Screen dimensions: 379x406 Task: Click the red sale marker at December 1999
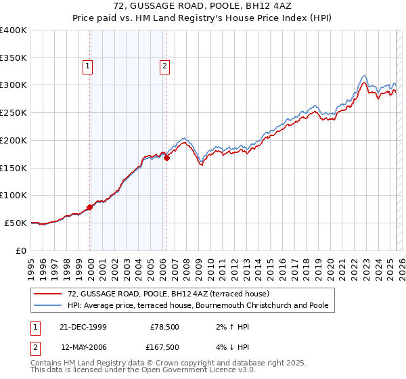[90, 207]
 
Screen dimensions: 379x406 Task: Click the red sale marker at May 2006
[166, 158]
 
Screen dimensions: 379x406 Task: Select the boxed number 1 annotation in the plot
[88, 66]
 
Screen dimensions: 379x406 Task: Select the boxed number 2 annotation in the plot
[164, 66]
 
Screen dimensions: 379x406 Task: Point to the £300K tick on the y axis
[14, 85]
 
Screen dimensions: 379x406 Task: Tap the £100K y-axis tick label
[14, 195]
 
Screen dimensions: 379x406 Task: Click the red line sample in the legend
[48, 294]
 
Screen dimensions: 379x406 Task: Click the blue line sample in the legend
[48, 305]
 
